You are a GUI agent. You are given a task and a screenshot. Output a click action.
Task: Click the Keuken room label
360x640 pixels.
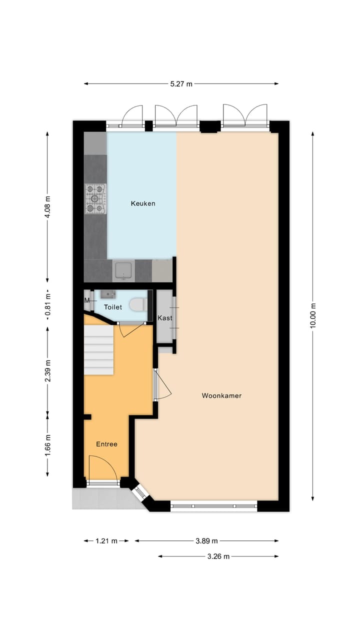[143, 203]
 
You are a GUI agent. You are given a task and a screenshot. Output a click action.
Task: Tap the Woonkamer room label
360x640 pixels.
[221, 395]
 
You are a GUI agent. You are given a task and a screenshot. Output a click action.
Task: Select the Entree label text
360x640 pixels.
[106, 444]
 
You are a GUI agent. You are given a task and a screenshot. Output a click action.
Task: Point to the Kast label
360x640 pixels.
[165, 318]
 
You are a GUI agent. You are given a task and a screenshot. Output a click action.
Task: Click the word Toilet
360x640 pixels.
[112, 307]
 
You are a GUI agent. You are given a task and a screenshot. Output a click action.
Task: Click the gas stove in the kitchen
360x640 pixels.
[95, 198]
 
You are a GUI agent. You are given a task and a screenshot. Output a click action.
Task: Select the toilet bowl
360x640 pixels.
[137, 304]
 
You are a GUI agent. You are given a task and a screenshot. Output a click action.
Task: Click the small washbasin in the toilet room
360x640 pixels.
[107, 294]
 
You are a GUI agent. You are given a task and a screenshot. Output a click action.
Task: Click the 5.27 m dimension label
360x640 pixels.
[181, 84]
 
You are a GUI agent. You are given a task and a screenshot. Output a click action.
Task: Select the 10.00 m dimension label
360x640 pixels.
[313, 315]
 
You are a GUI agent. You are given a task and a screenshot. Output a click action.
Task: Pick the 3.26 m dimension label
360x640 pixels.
[218, 556]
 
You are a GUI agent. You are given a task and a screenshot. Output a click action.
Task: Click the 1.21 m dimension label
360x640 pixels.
[106, 540]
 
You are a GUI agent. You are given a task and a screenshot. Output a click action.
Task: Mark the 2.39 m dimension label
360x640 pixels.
[47, 370]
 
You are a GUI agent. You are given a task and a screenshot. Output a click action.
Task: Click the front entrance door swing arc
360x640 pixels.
[104, 469]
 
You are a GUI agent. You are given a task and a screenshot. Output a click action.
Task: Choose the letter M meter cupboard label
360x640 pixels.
[87, 300]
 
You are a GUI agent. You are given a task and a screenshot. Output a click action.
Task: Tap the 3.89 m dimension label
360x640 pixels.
[206, 540]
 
